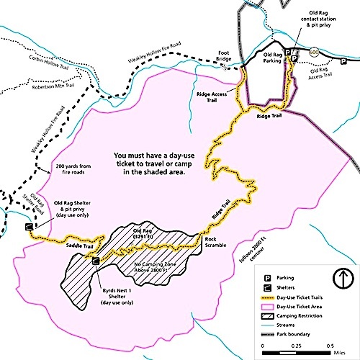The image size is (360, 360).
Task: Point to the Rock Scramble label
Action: point(215,242)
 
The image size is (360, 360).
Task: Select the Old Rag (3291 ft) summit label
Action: point(147,235)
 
